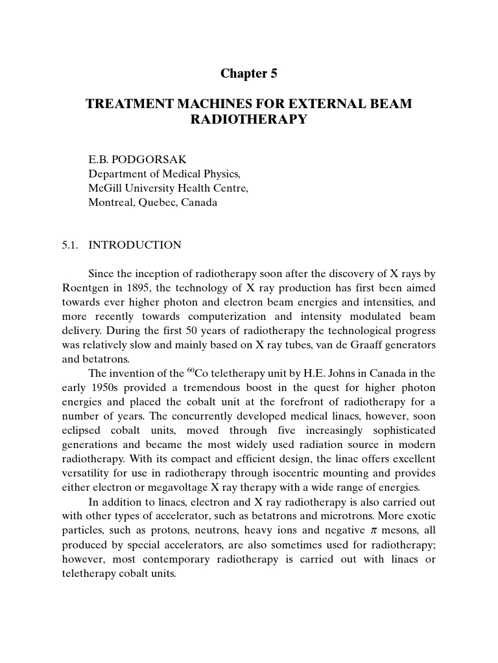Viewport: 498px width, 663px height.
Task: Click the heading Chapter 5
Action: coord(248,74)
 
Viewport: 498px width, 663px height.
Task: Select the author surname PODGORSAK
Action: coord(146,159)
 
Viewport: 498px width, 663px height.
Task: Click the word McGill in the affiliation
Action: coord(104,188)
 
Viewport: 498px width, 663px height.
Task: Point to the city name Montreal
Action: coord(110,202)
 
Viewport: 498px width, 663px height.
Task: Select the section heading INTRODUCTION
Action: coord(135,245)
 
